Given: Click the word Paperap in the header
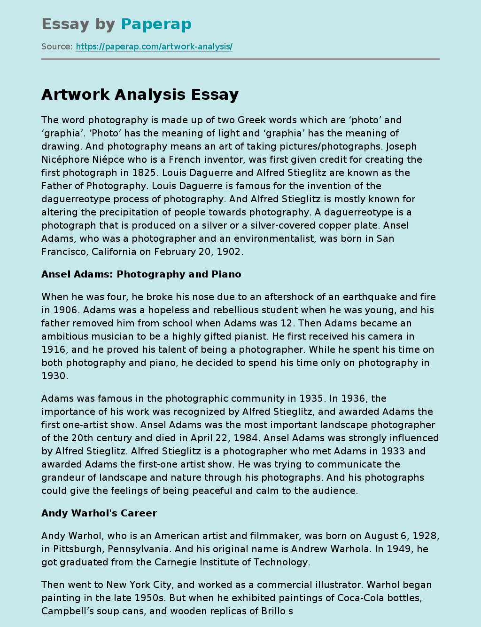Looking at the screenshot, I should (x=156, y=24).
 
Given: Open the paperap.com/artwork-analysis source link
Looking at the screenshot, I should (x=154, y=47).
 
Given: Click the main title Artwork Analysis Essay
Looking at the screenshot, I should (x=140, y=95).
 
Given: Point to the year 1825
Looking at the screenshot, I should (x=141, y=173).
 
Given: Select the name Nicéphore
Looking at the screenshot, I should (x=69, y=159).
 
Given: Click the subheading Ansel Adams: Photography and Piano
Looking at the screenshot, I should (x=141, y=274).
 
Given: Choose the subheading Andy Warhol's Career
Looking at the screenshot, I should (x=99, y=513).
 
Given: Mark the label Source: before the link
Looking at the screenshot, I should (x=57, y=47).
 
